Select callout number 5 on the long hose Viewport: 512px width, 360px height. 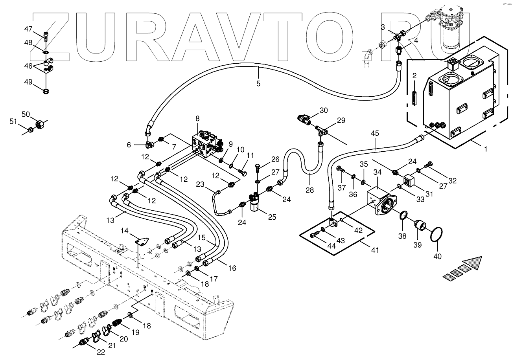258,83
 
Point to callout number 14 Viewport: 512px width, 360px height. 124,230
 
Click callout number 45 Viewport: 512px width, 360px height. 375,134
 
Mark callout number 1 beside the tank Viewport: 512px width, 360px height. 485,149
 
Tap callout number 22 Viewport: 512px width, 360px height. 101,352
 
